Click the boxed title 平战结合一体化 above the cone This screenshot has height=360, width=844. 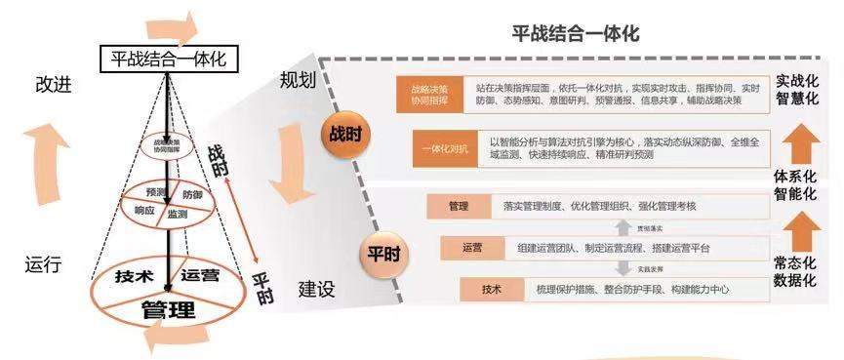pos(169,60)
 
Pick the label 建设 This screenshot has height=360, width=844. pos(316,289)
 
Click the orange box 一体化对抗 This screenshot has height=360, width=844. pos(447,149)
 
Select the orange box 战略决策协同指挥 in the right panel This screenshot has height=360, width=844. pos(428,93)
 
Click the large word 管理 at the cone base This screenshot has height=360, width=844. pos(168,311)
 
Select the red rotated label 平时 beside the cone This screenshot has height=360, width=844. pos(261,286)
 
